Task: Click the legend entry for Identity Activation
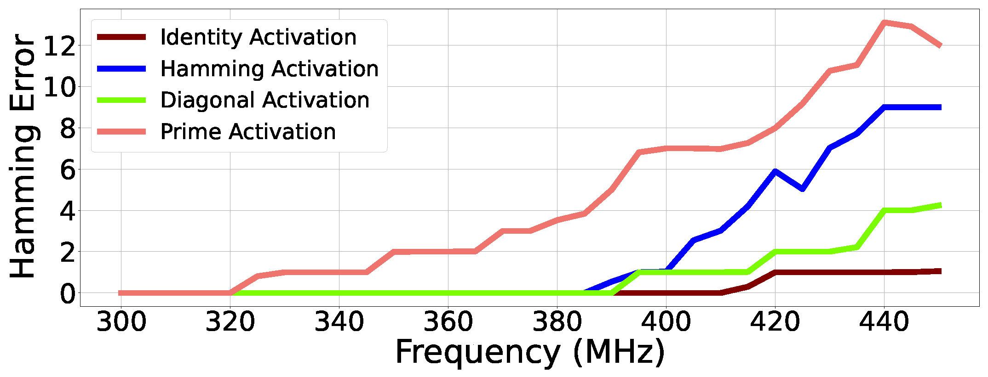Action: click(x=258, y=37)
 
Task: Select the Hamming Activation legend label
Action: click(x=269, y=69)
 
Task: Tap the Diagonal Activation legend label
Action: click(x=264, y=100)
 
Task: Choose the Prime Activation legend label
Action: click(x=248, y=132)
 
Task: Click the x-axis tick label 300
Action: click(x=121, y=322)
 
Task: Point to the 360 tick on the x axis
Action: click(x=448, y=322)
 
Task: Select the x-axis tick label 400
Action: click(x=666, y=322)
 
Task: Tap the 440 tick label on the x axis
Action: click(x=884, y=322)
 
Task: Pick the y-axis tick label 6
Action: click(x=68, y=170)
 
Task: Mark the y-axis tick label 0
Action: click(x=68, y=293)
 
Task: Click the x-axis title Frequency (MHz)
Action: click(x=530, y=353)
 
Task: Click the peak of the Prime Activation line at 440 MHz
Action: click(x=884, y=22)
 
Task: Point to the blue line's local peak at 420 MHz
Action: click(x=775, y=172)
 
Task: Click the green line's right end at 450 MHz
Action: click(x=940, y=205)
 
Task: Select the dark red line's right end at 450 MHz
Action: click(x=940, y=271)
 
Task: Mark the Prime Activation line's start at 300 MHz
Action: click(x=121, y=293)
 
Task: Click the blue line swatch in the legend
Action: click(x=121, y=69)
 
